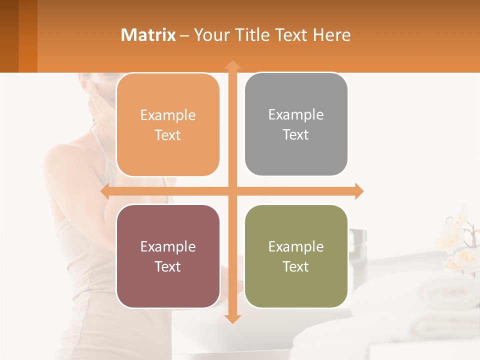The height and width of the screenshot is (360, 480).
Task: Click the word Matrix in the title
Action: pyautogui.click(x=148, y=35)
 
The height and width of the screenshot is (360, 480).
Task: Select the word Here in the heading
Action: pyautogui.click(x=331, y=35)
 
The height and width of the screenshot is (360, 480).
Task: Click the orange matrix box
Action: pyautogui.click(x=168, y=125)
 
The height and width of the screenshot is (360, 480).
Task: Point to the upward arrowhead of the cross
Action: pyautogui.click(x=232, y=65)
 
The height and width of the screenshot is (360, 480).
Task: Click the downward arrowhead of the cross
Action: pyautogui.click(x=232, y=318)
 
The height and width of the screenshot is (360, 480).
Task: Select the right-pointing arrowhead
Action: pyautogui.click(x=358, y=191)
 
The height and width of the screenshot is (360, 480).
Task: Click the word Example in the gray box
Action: pyautogui.click(x=296, y=115)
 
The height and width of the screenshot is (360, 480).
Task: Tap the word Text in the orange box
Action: pyautogui.click(x=168, y=135)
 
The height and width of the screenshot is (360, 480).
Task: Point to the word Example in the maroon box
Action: pyautogui.click(x=168, y=246)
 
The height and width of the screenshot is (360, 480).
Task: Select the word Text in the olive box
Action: pyautogui.click(x=296, y=266)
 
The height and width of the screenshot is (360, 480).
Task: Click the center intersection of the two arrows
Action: pyautogui.click(x=232, y=191)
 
